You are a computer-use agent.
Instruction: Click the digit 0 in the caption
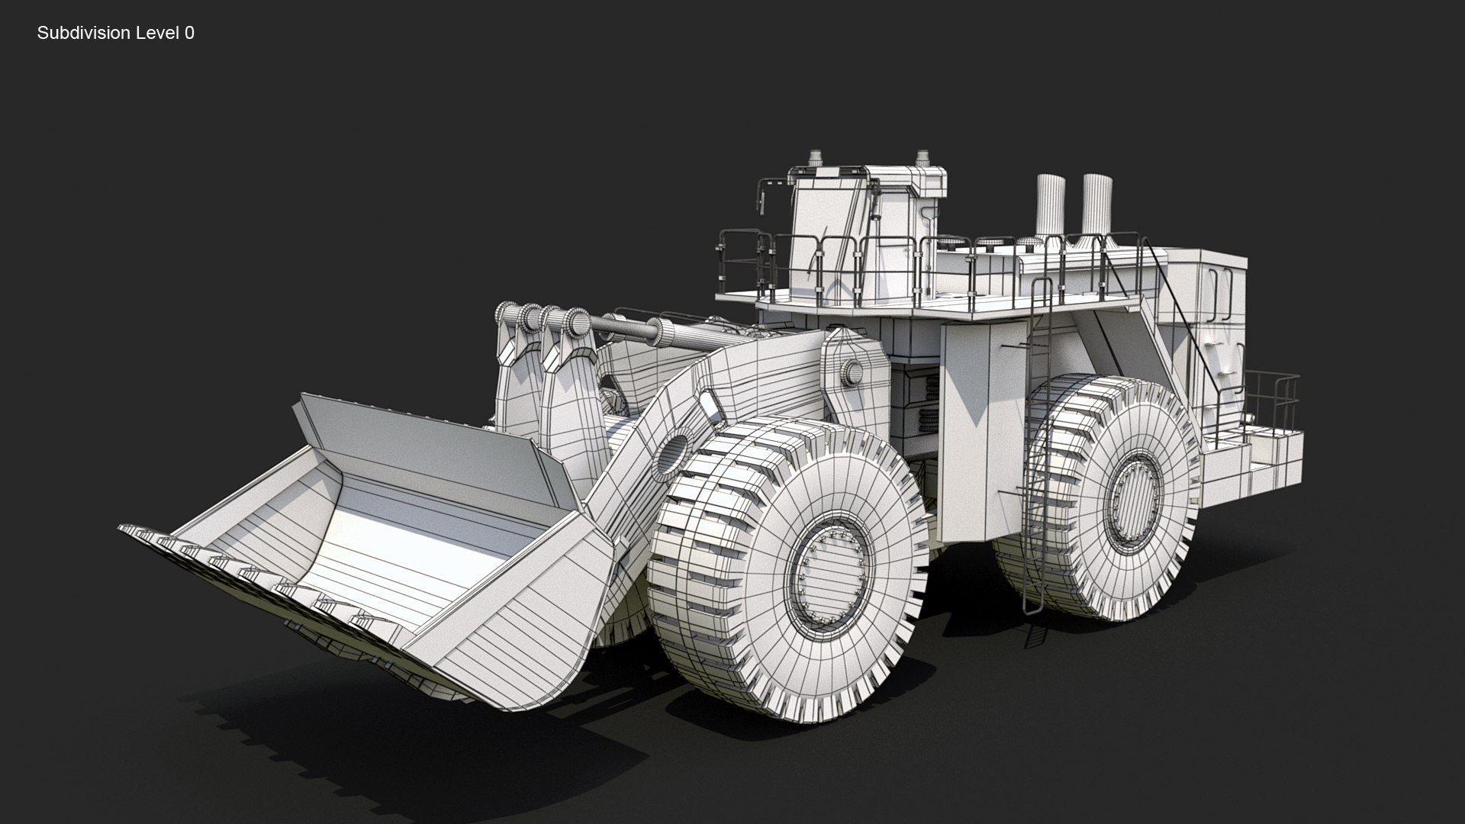click(x=189, y=33)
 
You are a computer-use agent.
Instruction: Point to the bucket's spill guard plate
click(x=427, y=450)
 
